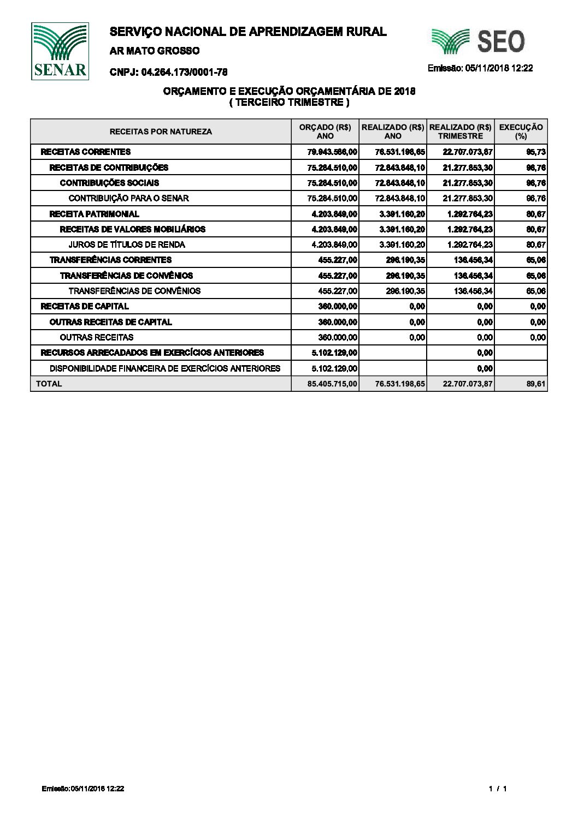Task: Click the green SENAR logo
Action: (60, 51)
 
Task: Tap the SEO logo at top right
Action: (479, 41)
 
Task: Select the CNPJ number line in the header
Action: (168, 72)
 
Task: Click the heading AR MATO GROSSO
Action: (155, 51)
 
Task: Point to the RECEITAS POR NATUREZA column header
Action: (161, 132)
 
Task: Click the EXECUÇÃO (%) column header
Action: (521, 132)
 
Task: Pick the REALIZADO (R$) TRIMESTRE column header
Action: (460, 132)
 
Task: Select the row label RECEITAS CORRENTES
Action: (86, 152)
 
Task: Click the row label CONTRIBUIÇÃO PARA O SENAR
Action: (128, 198)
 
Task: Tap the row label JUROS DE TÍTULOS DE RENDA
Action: (127, 244)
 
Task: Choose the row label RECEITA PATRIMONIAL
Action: (94, 214)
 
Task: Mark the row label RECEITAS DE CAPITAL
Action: (85, 306)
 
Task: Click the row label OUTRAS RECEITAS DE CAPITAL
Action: (110, 322)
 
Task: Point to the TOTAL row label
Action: (49, 384)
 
